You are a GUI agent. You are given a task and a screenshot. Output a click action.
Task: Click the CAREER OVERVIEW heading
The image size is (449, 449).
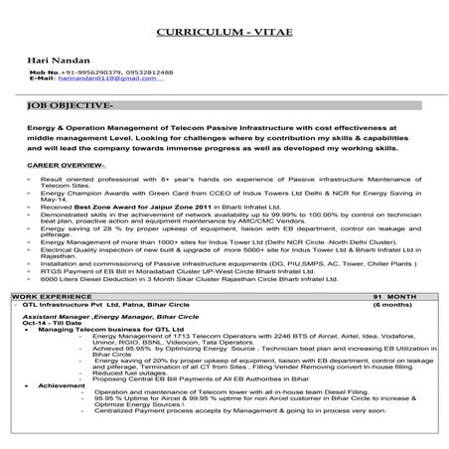[x=69, y=164]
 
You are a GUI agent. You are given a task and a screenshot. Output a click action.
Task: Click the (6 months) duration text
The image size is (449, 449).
[x=393, y=304]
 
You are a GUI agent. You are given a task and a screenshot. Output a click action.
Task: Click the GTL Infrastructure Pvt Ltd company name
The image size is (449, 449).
[x=94, y=304]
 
